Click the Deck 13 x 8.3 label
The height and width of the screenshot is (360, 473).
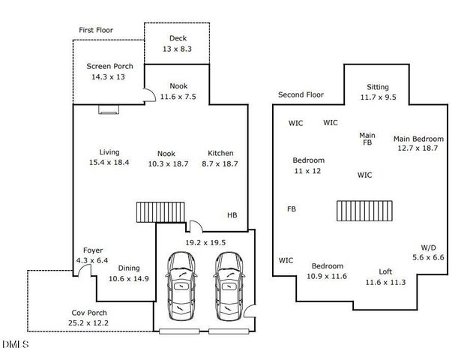pyautogui.click(x=177, y=43)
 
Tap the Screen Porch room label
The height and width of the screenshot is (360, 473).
pyautogui.click(x=109, y=71)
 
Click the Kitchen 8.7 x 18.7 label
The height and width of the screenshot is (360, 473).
pyautogui.click(x=220, y=158)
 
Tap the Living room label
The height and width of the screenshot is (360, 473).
pyautogui.click(x=109, y=157)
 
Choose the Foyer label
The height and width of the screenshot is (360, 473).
pyautogui.click(x=93, y=255)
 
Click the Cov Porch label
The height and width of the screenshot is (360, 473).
pyautogui.click(x=88, y=318)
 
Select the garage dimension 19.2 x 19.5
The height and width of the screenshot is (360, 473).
pyautogui.click(x=205, y=243)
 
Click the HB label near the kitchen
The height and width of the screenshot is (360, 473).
pyautogui.click(x=232, y=216)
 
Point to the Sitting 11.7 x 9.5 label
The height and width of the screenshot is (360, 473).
pyautogui.click(x=377, y=91)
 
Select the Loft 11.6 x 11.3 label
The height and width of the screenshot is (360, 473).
pyautogui.click(x=385, y=277)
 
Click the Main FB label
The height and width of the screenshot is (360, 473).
pyautogui.click(x=367, y=139)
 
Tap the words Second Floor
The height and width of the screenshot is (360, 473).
pyautogui.click(x=300, y=95)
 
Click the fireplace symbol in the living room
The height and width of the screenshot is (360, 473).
pyautogui.click(x=109, y=109)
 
